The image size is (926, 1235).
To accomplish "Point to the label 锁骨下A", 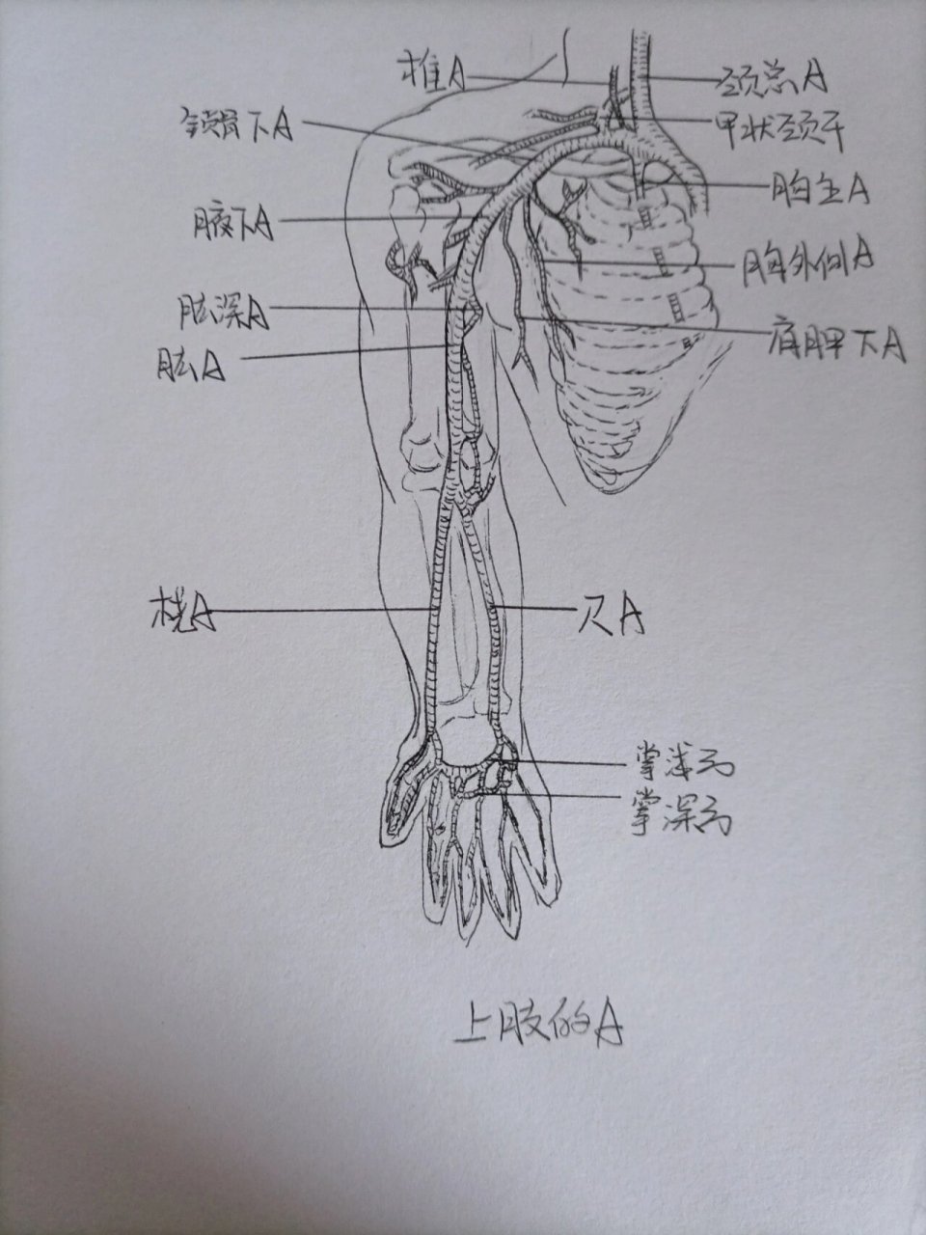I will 236,124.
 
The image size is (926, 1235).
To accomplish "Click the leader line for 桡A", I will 318,610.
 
